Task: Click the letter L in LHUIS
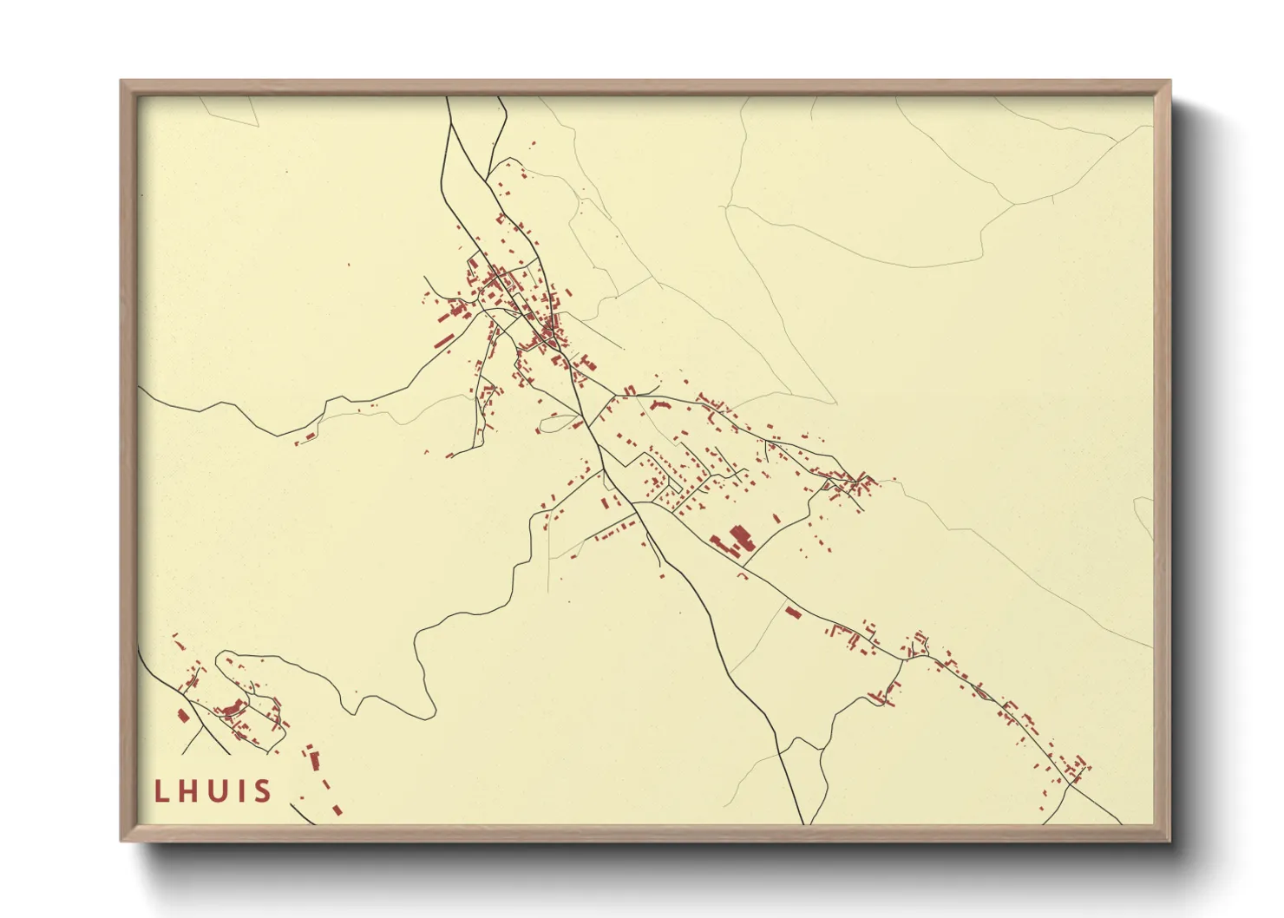(160, 791)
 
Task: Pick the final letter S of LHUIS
(262, 791)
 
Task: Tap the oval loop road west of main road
(556, 423)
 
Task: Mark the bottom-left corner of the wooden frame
(123, 839)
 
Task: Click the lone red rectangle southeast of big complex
(791, 612)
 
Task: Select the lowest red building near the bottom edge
(337, 810)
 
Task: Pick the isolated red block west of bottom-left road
(182, 715)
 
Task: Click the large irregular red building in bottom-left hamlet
(231, 709)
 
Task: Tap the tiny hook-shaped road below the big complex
(743, 574)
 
